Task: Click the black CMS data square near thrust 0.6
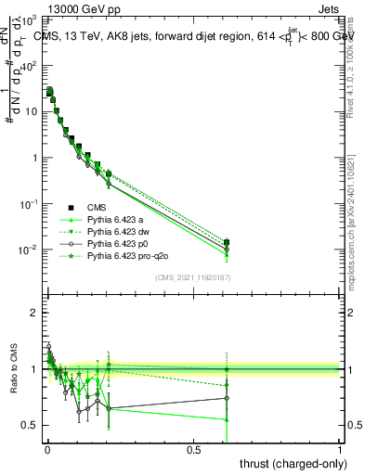226,242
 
